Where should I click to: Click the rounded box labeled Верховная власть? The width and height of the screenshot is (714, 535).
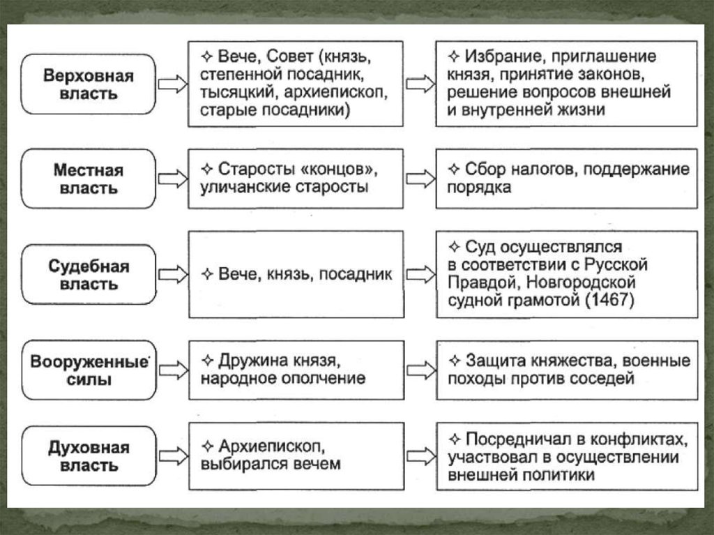(x=88, y=84)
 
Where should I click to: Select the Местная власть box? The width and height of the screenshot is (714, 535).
(x=88, y=179)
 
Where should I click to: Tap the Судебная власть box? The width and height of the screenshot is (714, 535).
(x=88, y=275)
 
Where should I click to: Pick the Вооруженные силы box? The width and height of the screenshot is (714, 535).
(x=88, y=370)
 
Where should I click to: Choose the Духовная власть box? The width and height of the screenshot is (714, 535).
(x=88, y=455)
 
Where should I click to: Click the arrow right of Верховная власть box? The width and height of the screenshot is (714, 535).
(x=172, y=84)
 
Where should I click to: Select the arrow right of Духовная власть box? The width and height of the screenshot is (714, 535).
(x=172, y=455)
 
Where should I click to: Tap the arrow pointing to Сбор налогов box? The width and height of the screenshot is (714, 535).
(x=420, y=179)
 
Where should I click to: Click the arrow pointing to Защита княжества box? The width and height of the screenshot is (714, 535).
(x=420, y=370)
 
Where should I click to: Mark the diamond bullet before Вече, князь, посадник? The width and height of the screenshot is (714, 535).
(x=206, y=275)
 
